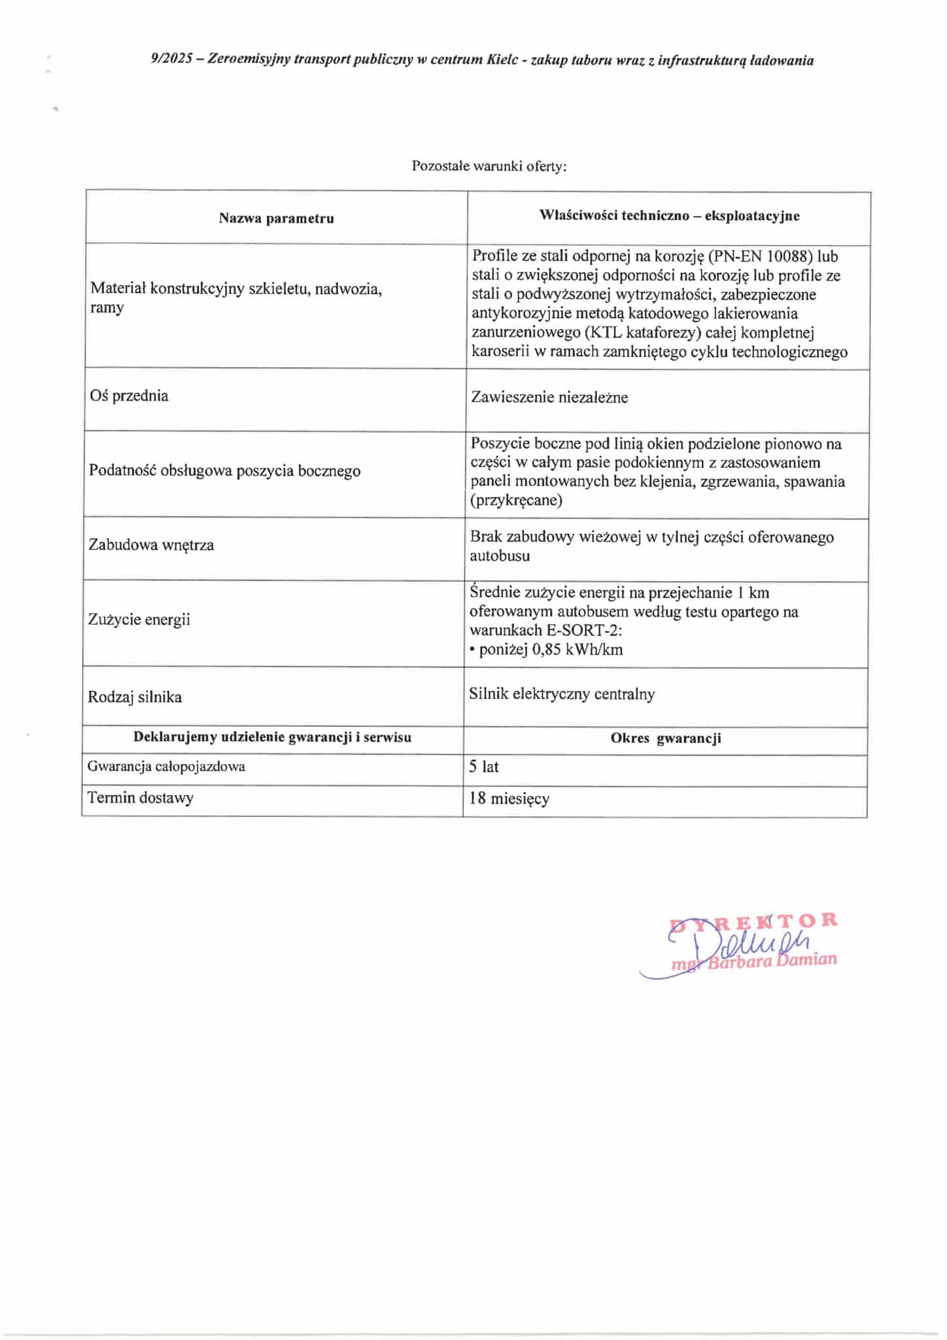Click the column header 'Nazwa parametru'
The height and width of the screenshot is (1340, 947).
(276, 219)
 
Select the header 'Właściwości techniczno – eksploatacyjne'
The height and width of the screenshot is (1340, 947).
(668, 216)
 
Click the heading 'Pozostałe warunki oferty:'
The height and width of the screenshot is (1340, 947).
(489, 166)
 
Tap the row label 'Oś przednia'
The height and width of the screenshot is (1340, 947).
(129, 396)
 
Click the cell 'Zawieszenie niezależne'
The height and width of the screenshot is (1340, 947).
(549, 397)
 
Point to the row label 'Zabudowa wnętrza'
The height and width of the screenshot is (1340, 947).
(151, 545)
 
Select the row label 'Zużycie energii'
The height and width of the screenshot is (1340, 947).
(139, 620)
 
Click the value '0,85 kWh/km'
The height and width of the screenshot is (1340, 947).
(577, 650)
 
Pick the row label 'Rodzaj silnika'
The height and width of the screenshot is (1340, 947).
(135, 697)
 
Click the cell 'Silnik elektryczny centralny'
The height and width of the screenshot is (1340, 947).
(562, 694)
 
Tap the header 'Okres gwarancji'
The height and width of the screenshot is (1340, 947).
(665, 739)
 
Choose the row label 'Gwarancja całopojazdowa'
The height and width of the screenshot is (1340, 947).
(166, 766)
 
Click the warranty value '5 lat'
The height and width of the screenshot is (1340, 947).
(483, 767)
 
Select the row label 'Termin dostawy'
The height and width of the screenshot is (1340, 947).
(141, 798)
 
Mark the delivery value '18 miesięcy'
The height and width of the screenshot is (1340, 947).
(509, 799)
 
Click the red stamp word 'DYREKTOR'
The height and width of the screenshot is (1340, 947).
(753, 921)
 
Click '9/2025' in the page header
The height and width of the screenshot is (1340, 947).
(171, 60)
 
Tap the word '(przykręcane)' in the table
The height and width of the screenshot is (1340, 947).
(517, 501)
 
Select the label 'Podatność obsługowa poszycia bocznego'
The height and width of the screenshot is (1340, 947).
(224, 471)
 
